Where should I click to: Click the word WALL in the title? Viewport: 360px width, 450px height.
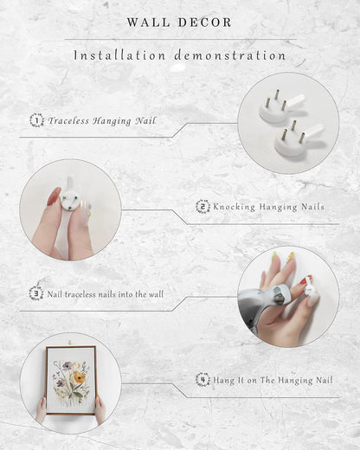pos(148,22)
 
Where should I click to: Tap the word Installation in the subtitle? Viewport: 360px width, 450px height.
pos(119,55)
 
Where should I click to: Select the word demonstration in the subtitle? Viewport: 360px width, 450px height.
pos(230,55)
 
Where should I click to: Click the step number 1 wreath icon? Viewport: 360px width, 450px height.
pos(36,120)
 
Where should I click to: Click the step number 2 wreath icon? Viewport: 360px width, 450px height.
pos(202,207)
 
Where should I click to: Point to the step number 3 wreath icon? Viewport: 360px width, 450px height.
pos(36,292)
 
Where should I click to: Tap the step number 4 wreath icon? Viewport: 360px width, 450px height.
pos(202,380)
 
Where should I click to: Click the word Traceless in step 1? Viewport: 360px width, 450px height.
pos(68,120)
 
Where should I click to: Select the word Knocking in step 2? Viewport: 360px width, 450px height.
pos(235,207)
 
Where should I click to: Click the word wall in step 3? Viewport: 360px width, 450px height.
pos(156,294)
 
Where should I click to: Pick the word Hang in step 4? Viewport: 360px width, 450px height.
pos(223,381)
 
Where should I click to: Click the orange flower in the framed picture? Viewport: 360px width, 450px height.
pos(78,376)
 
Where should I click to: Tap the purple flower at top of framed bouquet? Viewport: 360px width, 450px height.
pos(68,365)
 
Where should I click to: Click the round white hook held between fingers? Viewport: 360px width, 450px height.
pos(70,201)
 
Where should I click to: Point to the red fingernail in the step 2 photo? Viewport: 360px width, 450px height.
pos(54,196)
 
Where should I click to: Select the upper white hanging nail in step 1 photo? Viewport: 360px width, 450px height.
pos(280,107)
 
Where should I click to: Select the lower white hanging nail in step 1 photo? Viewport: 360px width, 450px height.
pos(297,138)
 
